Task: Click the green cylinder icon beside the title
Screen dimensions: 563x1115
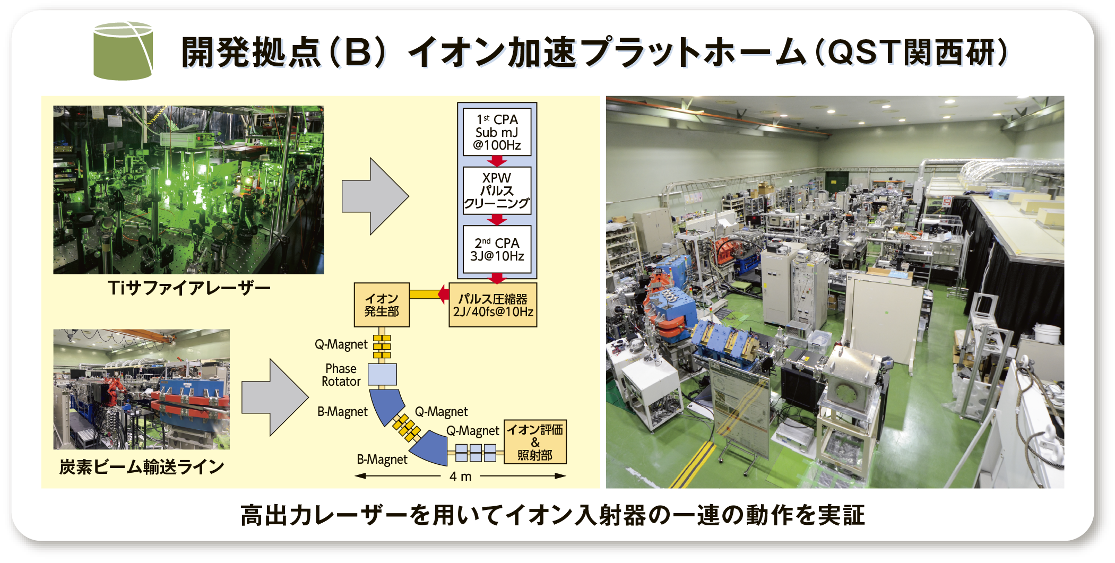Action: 123,51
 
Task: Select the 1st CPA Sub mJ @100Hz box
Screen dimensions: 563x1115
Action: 497,132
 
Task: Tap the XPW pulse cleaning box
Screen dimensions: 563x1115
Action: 497,190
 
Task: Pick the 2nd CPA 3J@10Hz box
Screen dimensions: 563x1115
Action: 497,249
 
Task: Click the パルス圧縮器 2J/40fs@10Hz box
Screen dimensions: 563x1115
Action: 492,305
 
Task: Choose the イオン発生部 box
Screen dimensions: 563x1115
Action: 382,305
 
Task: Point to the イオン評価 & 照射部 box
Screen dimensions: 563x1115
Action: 535,442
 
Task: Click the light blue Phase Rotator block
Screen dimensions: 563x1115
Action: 382,375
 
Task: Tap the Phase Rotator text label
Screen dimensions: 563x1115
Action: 341,375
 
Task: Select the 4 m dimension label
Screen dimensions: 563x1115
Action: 460,476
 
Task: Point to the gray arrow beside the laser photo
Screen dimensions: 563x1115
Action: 375,196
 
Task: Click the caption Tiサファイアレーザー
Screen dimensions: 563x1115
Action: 189,288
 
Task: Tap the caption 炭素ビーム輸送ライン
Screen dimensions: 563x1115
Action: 142,467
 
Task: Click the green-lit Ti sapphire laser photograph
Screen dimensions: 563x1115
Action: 188,189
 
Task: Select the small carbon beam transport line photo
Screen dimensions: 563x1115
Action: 142,389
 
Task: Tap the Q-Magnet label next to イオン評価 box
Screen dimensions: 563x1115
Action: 472,431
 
